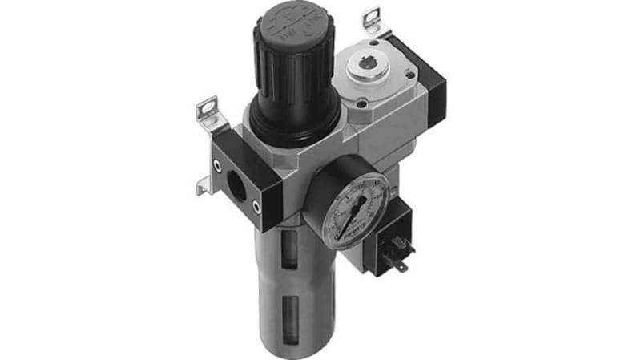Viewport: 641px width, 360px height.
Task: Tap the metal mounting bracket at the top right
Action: point(371,20)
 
